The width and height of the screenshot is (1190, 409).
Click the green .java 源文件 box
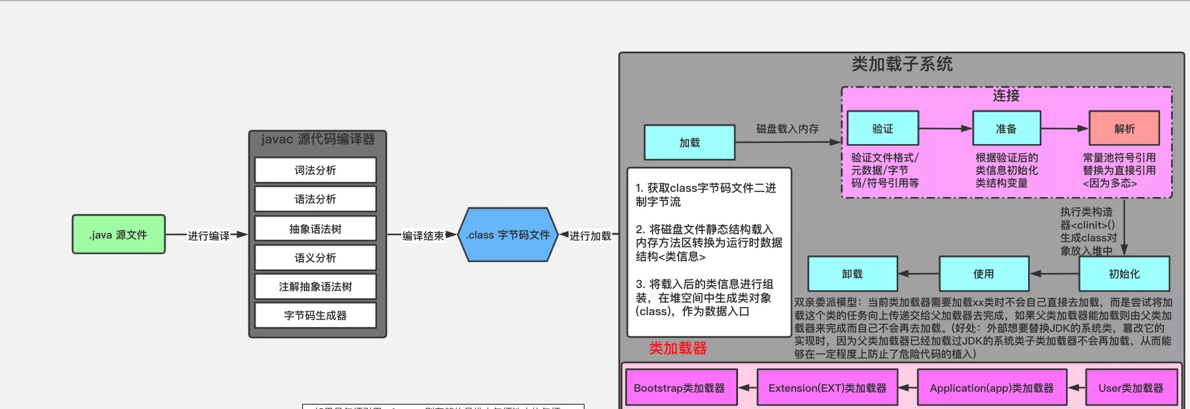(x=119, y=234)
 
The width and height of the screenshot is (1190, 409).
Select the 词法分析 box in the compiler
(x=315, y=171)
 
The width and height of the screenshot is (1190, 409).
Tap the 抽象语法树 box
(x=315, y=229)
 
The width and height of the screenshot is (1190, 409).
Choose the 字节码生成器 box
(x=315, y=315)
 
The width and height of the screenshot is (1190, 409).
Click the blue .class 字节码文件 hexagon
(x=508, y=235)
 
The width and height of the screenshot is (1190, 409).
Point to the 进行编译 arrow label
(x=209, y=236)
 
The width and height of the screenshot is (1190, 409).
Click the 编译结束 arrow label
(x=423, y=236)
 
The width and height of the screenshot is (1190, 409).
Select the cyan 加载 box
(x=690, y=142)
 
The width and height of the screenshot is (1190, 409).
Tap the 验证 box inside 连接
(x=883, y=128)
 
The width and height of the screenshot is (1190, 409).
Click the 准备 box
(x=1007, y=128)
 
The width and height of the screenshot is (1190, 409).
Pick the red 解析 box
(x=1124, y=128)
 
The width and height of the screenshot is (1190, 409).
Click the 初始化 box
(x=1124, y=274)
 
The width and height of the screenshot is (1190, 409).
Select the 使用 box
(x=984, y=274)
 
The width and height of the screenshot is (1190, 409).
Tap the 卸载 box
(x=853, y=274)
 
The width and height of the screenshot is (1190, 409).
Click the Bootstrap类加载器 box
(x=680, y=388)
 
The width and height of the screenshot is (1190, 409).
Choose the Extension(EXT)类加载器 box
(x=827, y=388)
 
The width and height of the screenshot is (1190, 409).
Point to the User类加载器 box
(x=1131, y=388)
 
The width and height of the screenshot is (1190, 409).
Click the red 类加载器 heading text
(x=678, y=348)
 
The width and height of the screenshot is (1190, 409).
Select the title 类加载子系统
(x=902, y=64)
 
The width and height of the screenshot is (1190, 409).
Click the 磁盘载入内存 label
(x=788, y=128)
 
